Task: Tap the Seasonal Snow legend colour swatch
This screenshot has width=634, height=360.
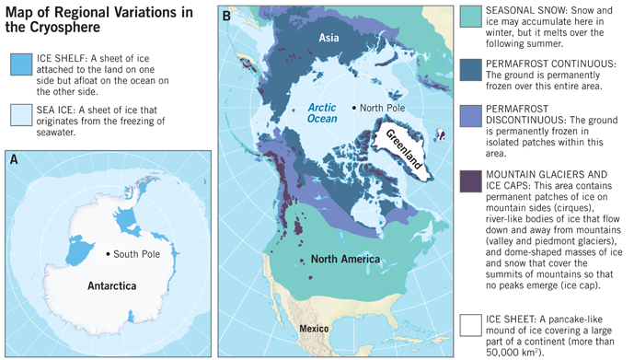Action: pyautogui.click(x=470, y=17)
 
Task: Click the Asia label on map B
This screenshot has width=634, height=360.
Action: pyautogui.click(x=330, y=38)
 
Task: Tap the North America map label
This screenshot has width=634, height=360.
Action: pyautogui.click(x=345, y=259)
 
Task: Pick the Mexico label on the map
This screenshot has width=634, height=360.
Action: pyautogui.click(x=307, y=328)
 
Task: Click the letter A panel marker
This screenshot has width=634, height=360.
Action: pyautogui.click(x=14, y=158)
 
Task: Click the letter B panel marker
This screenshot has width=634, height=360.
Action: pyautogui.click(x=226, y=16)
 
